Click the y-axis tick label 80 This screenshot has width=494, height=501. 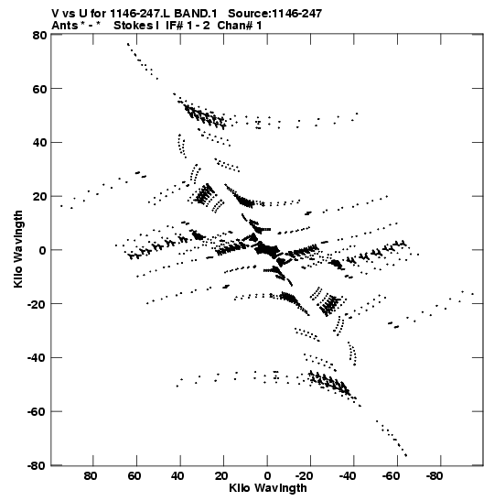(40, 35)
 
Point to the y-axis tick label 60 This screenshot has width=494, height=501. (40, 89)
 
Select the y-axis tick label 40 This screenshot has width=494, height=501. (40, 143)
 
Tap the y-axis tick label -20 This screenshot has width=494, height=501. (38, 304)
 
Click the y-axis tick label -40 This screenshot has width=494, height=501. (38, 358)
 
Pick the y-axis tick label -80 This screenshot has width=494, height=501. (38, 465)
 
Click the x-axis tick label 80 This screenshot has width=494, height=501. (91, 476)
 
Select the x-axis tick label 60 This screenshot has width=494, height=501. (134, 476)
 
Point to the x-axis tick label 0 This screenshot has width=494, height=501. (267, 476)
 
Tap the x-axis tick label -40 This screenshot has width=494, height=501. (347, 476)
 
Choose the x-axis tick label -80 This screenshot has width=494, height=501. (434, 476)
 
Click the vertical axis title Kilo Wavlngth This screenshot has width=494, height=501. (18, 249)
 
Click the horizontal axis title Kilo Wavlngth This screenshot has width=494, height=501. (268, 488)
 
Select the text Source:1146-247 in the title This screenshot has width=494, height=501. (274, 14)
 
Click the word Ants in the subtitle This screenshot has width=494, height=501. (65, 26)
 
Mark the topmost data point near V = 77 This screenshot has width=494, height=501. (128, 44)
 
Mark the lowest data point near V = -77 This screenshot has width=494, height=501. (406, 455)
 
